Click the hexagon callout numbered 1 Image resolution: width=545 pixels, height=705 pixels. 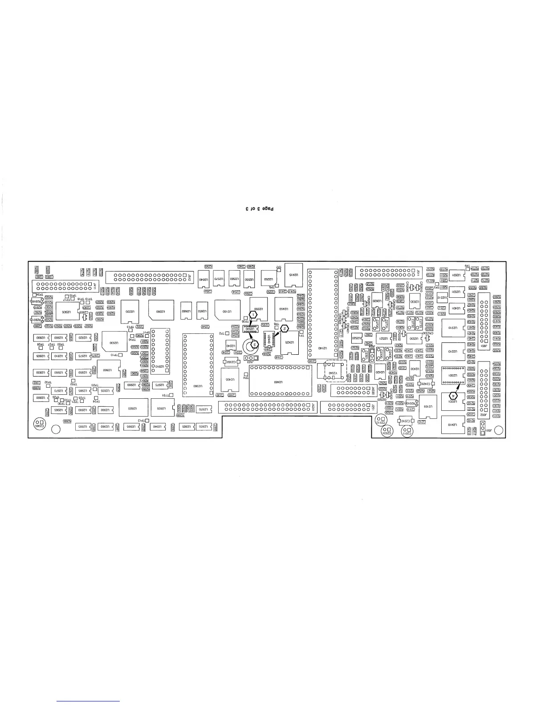pos(253,314)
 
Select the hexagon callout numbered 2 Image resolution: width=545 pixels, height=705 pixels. pos(285,328)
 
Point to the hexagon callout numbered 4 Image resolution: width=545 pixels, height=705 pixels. pos(454,394)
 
